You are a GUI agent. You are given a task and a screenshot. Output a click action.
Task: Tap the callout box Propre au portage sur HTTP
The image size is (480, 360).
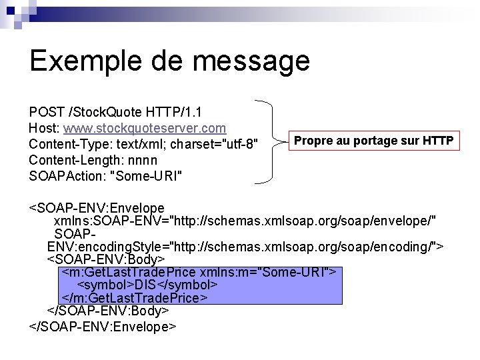pyautogui.click(x=374, y=141)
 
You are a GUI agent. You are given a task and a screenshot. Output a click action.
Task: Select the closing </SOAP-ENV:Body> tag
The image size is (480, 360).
pyautogui.click(x=108, y=311)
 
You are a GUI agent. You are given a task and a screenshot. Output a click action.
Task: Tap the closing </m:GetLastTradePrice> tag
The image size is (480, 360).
pyautogui.click(x=135, y=298)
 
